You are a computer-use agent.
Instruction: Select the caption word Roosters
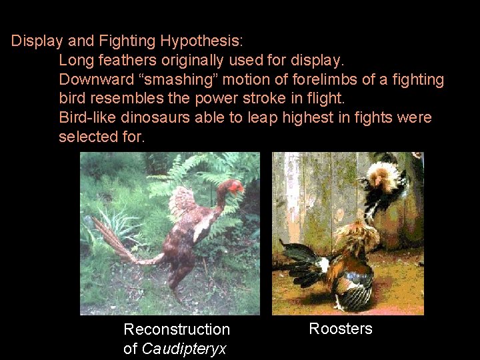[x=341, y=329]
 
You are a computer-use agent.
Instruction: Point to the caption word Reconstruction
[x=177, y=329]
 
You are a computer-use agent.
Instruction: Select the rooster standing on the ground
[x=350, y=263]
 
